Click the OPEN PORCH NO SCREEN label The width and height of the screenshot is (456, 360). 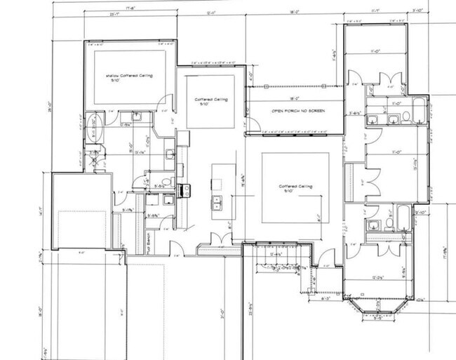292,112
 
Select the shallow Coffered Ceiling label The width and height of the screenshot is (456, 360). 129,76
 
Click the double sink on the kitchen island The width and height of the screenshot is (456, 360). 218,204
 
